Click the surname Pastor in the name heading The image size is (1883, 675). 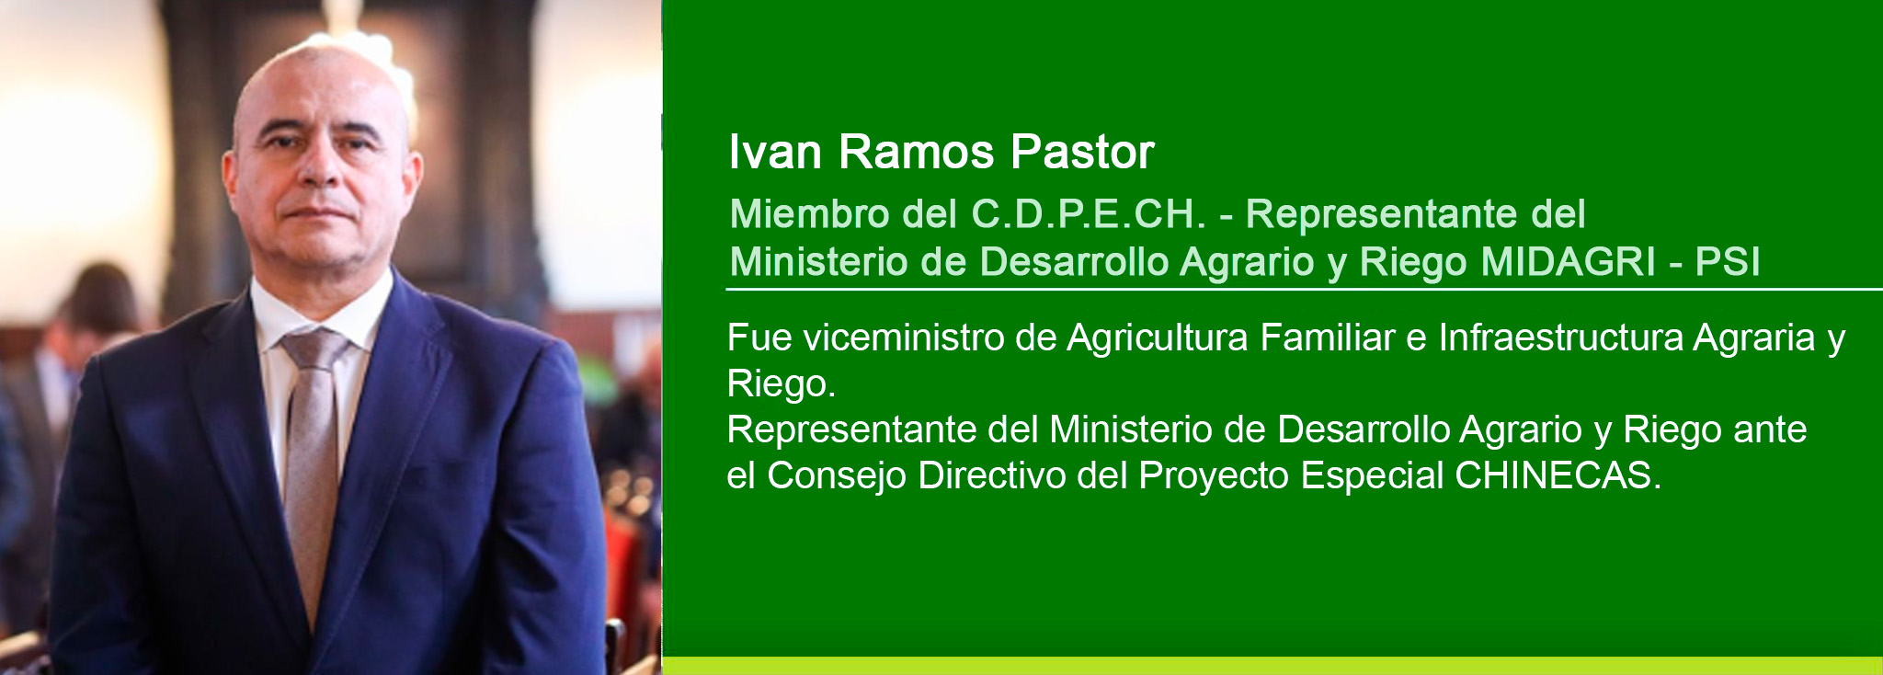point(1081,152)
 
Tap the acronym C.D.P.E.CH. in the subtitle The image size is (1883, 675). point(1088,214)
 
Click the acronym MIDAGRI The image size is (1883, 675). point(1569,262)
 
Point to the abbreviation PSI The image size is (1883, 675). point(1728,262)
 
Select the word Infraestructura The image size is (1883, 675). point(1560,337)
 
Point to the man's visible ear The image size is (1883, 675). point(412,179)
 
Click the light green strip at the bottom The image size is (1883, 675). point(1272,666)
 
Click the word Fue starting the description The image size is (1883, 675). point(759,337)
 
